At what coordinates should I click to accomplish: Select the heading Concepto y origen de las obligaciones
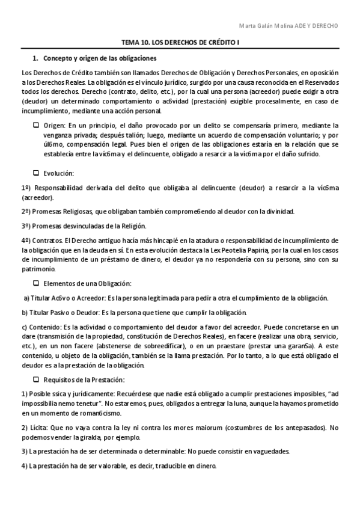(100, 58)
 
